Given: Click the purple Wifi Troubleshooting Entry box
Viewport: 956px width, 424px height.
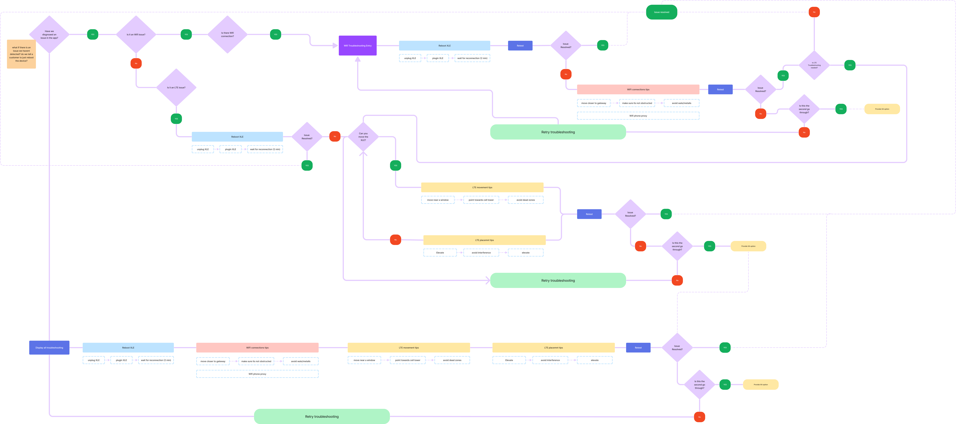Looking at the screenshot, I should tap(357, 46).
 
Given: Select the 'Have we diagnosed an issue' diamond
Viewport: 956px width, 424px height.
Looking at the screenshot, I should tap(49, 34).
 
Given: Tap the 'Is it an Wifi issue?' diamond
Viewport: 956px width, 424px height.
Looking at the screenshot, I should tap(136, 34).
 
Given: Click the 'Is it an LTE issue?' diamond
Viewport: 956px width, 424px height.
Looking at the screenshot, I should tap(176, 87).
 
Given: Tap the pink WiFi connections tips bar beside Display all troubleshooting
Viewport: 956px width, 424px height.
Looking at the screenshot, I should tap(257, 348).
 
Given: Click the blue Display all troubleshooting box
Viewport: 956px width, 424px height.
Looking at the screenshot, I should tap(49, 348).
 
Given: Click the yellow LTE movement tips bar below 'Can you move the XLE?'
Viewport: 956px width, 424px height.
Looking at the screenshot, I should tap(482, 187).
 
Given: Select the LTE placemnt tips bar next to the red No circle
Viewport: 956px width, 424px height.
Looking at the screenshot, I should tap(484, 240).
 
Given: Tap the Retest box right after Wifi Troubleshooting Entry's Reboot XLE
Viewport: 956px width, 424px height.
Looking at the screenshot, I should tap(520, 46).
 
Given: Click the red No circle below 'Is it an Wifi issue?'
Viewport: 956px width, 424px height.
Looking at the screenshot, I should tap(136, 63).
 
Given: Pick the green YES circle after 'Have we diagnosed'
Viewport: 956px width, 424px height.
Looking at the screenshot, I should tap(92, 34).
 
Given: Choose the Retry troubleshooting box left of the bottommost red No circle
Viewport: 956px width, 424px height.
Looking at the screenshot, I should tap(322, 416).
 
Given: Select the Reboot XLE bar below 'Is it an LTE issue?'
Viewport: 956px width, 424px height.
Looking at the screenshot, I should tap(237, 136).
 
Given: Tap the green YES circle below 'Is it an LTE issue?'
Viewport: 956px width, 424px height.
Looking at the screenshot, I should tap(176, 119).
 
